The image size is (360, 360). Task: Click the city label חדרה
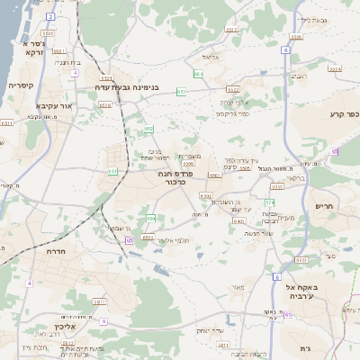pyautogui.click(x=63, y=253)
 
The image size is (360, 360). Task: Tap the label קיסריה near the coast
pyautogui.click(x=21, y=85)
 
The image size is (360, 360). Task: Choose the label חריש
pyautogui.click(x=323, y=206)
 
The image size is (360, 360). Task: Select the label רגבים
pyautogui.click(x=310, y=77)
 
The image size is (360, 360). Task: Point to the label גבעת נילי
pyautogui.click(x=310, y=19)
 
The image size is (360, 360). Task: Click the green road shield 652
pyautogui.click(x=148, y=130)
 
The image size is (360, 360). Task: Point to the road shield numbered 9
pyautogui.click(x=104, y=320)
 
